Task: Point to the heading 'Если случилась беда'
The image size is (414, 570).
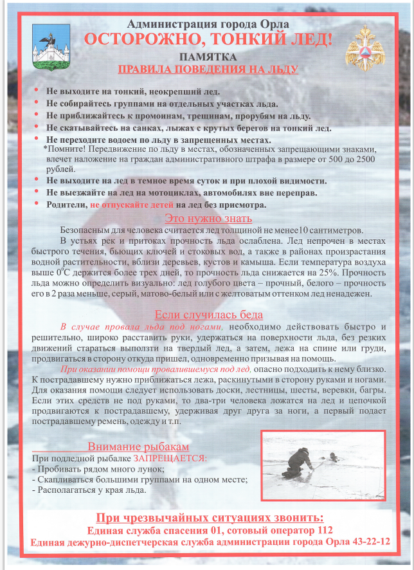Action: [x=208, y=315]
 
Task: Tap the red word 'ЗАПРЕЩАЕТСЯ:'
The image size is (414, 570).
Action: [x=170, y=458]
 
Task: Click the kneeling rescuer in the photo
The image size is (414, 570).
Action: [x=298, y=463]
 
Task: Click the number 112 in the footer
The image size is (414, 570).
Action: [x=320, y=531]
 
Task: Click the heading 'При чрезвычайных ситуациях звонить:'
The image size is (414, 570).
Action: [x=210, y=518]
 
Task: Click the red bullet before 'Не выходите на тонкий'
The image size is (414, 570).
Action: [x=37, y=91]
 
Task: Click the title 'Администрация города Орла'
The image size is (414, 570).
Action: [x=208, y=24]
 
